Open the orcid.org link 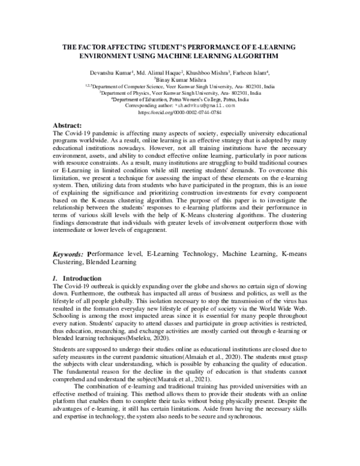click(180, 112)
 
